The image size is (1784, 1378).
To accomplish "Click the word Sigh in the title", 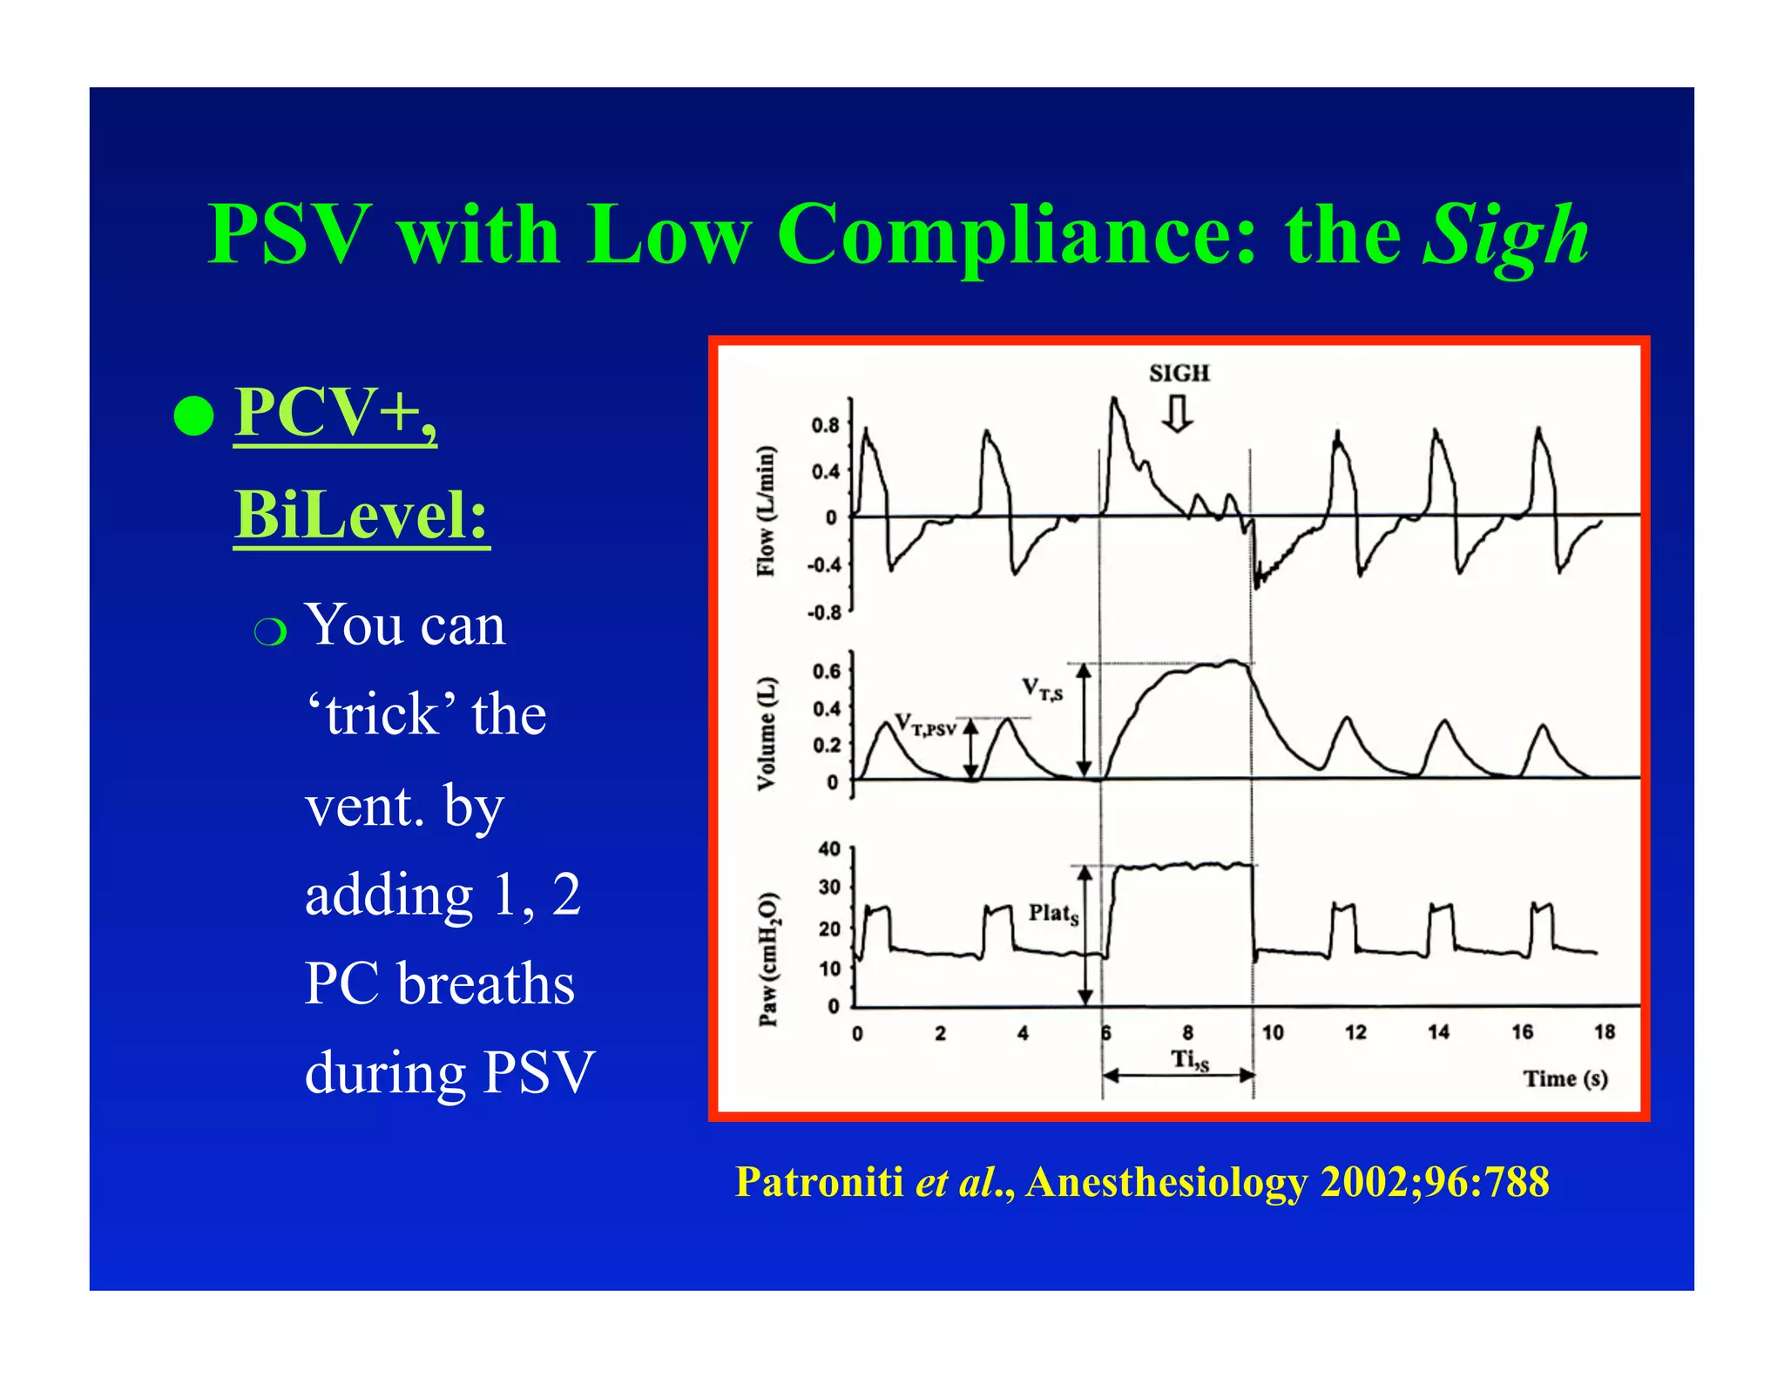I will (1505, 235).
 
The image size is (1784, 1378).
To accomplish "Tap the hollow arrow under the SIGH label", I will (1178, 415).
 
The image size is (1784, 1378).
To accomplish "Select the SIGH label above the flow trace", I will (1179, 373).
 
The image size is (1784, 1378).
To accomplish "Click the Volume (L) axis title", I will (766, 733).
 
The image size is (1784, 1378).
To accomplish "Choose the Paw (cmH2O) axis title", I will (767, 959).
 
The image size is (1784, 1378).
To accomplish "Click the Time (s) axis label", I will (1564, 1078).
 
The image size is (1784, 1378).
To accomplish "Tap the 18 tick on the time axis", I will (1605, 1032).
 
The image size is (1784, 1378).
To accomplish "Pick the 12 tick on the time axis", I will (1355, 1032).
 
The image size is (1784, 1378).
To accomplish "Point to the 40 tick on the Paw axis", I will (829, 848).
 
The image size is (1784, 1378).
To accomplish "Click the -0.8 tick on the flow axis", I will (824, 612).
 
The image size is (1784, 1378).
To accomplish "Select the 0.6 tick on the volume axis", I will (827, 671).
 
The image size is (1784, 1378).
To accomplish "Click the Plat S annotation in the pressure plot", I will (1053, 914).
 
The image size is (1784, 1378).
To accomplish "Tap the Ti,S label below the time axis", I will (1189, 1060).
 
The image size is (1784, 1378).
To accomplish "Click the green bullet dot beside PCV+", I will (193, 415).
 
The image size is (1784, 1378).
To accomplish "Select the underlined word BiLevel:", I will (362, 515).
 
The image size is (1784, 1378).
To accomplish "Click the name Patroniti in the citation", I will (819, 1182).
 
